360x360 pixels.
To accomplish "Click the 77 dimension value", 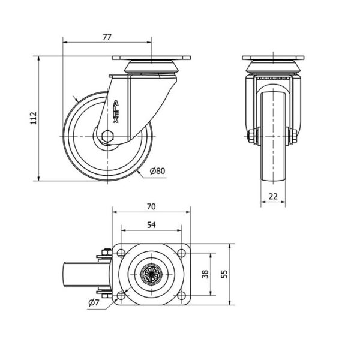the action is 107,37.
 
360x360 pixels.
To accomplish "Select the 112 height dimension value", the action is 34,118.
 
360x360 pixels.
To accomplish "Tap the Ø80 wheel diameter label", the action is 157,171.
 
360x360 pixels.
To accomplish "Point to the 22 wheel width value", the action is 273,196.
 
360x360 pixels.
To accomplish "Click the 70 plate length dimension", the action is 151,206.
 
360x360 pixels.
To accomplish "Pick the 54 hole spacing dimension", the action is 151,225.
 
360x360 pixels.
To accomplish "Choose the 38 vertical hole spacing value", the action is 205,274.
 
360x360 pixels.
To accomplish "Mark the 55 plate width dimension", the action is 224,274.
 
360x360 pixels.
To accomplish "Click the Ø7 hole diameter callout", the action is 94,302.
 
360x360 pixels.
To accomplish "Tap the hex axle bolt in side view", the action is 107,136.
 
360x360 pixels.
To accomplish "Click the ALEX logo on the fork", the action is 116,112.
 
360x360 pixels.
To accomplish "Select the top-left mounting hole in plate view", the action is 121,253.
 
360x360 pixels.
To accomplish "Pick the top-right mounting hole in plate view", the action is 181,253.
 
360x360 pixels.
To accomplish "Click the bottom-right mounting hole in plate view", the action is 181,295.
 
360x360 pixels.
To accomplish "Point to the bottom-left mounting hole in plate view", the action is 121,295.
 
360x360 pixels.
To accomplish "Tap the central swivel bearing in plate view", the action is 152,274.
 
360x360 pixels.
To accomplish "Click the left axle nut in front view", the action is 251,136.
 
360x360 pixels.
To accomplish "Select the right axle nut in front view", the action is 293,136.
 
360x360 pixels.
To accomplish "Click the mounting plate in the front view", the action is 273,58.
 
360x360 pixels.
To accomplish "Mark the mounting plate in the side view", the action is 151,58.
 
